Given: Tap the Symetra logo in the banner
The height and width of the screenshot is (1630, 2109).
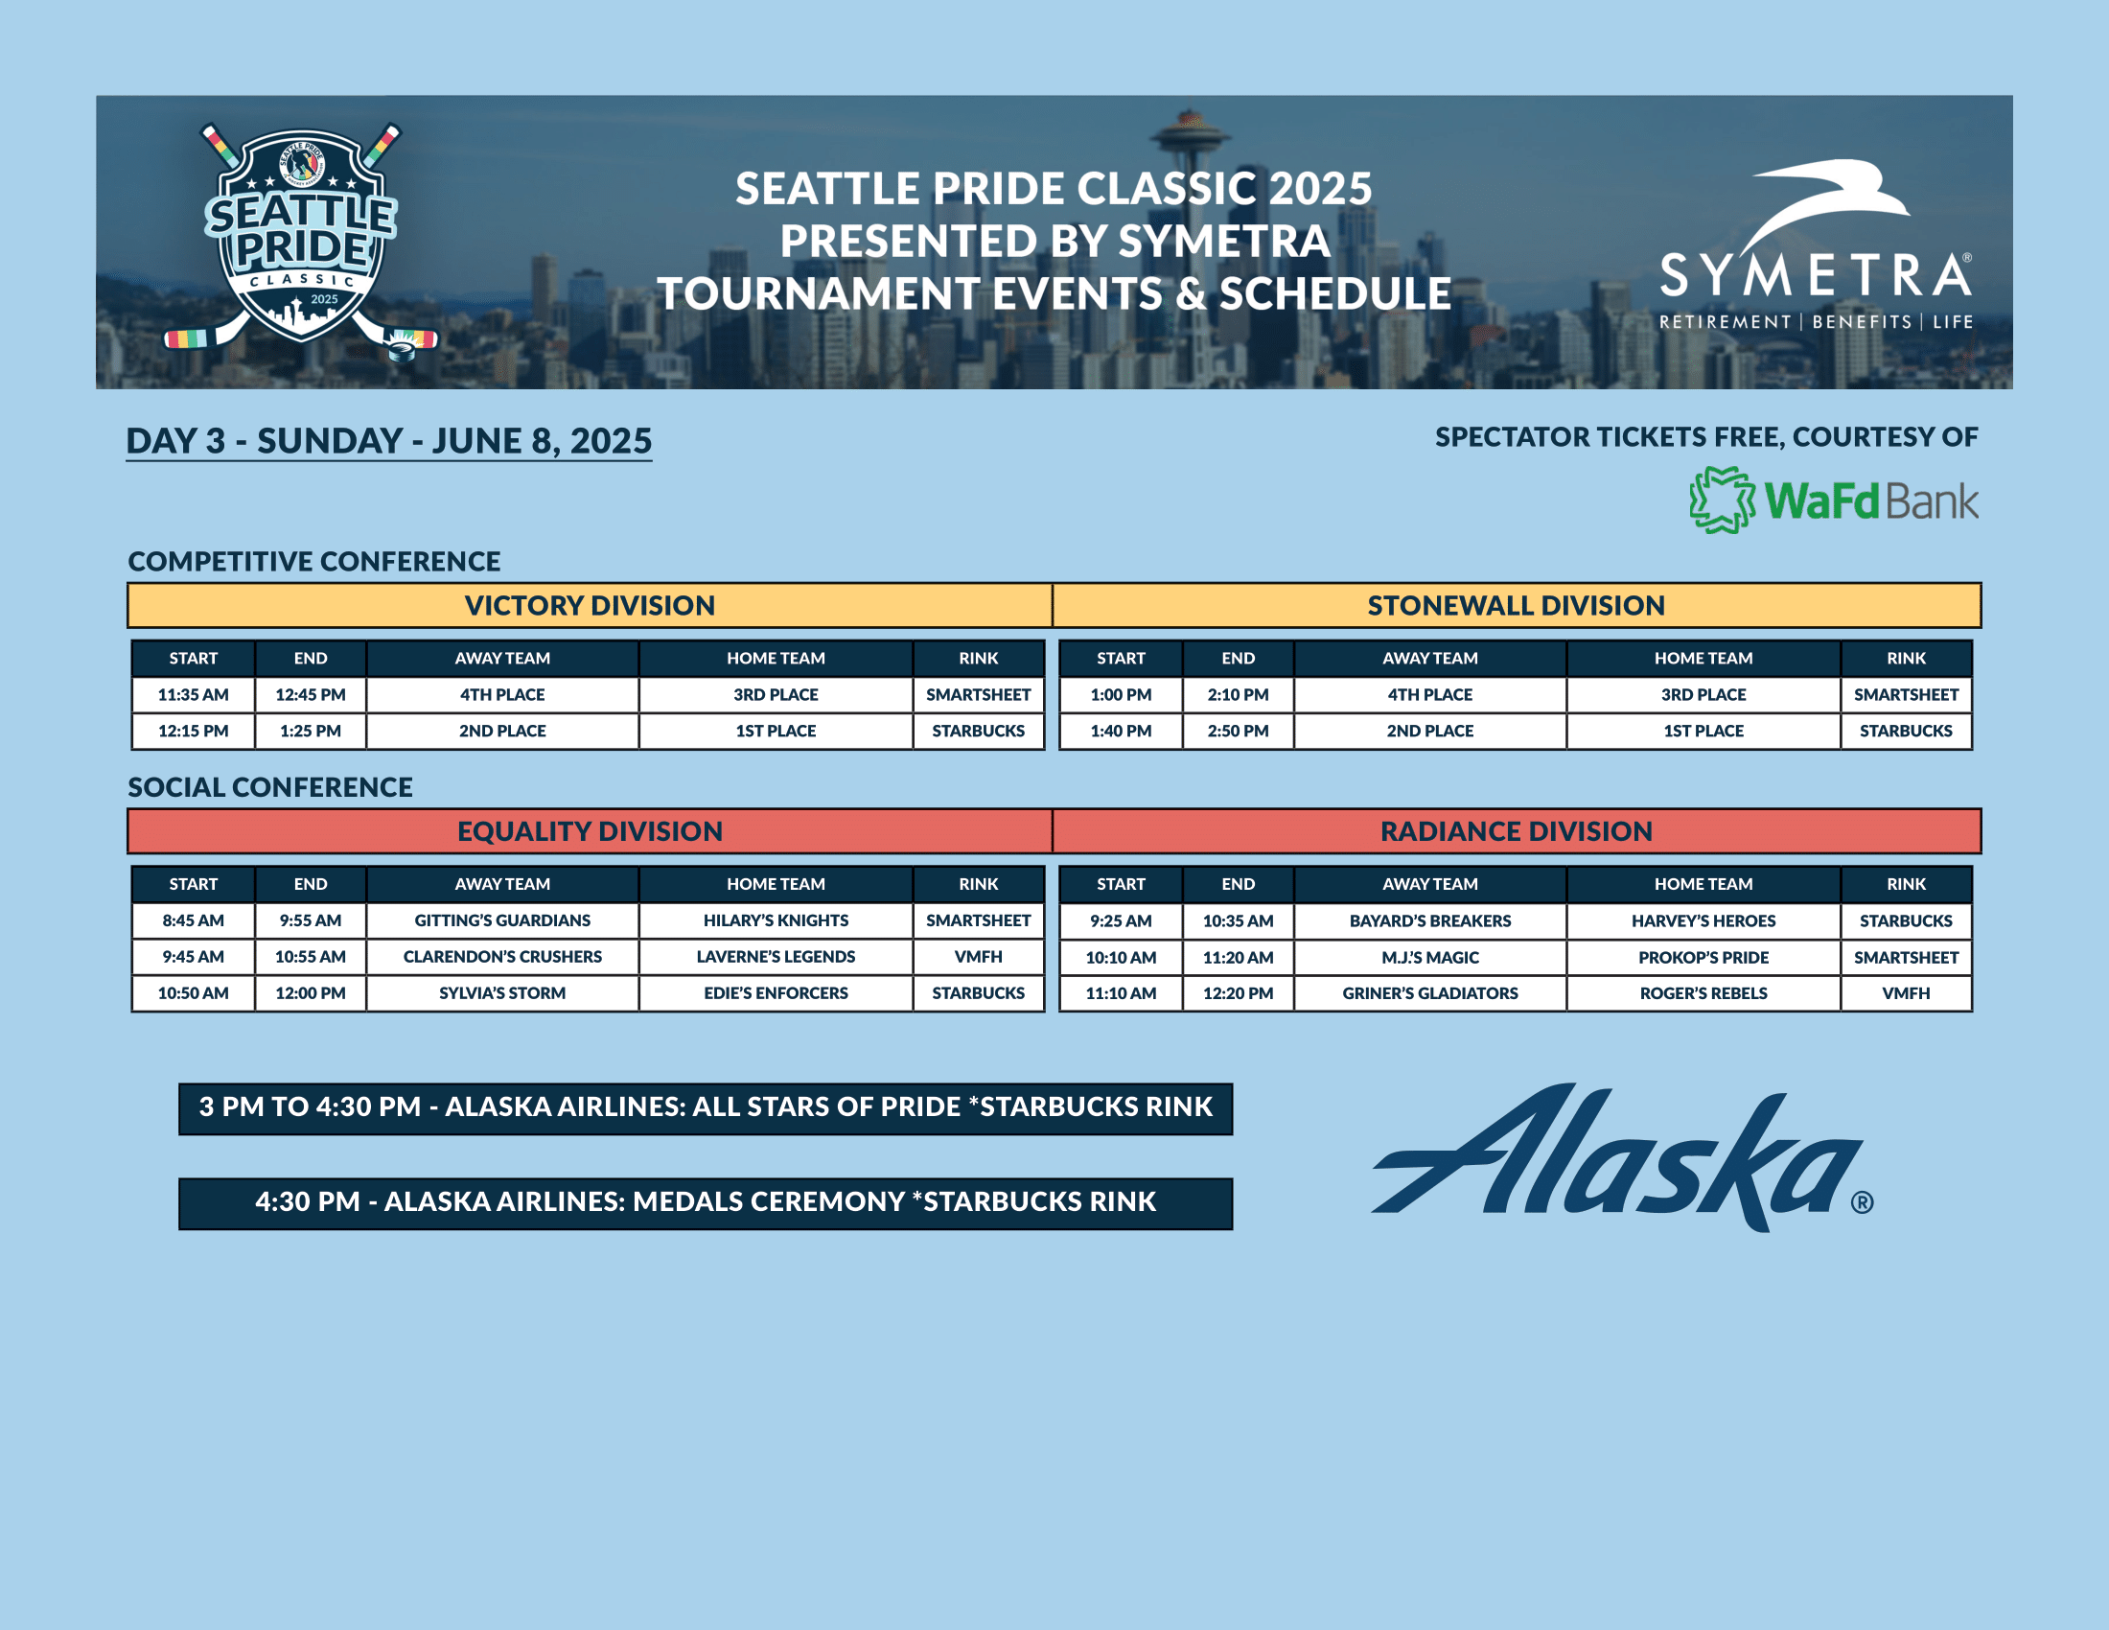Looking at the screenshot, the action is click(1816, 245).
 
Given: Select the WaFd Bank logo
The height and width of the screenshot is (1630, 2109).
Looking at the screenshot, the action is click(1834, 501).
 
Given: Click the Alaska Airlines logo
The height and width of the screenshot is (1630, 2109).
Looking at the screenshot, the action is click(1622, 1158).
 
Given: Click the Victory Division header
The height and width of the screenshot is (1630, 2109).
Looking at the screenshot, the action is click(590, 605).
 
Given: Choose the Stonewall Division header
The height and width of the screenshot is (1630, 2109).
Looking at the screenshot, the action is click(1517, 605).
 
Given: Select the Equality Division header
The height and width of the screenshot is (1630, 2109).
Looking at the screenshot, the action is click(590, 831).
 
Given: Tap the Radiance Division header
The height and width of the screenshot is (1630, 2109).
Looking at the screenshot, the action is click(1517, 831).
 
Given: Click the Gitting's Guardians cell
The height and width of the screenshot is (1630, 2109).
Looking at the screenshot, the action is click(502, 920).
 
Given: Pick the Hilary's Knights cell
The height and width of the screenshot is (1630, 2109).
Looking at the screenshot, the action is click(776, 920).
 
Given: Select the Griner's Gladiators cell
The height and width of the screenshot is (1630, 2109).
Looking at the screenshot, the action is click(1430, 992).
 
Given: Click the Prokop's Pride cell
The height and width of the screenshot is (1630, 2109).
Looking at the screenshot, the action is click(1703, 957).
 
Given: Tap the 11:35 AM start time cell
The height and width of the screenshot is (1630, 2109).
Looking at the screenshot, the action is click(193, 694).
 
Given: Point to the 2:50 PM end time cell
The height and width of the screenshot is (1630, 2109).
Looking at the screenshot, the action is click(1238, 731).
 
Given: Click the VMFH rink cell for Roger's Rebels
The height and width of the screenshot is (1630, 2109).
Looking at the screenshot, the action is click(1906, 992).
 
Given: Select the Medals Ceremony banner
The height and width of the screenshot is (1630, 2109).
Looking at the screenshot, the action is click(706, 1203).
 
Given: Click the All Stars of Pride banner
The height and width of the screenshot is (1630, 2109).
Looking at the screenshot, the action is click(706, 1108).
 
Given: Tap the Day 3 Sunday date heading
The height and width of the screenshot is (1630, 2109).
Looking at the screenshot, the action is click(389, 441).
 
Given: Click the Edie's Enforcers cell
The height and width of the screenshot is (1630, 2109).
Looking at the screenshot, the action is click(776, 992).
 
